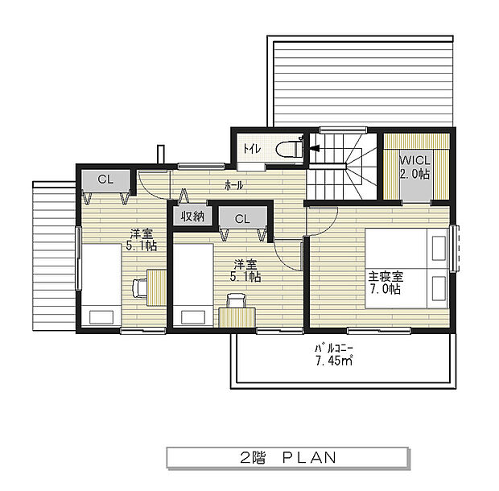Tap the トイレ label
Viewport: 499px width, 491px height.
(250, 149)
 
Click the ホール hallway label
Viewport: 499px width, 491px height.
(234, 185)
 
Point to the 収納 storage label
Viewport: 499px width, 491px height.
(192, 216)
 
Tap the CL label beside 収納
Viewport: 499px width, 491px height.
(242, 218)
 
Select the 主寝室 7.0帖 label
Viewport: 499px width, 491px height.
(386, 282)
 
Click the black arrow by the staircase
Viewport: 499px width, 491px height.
(315, 148)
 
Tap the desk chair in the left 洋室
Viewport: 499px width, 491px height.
(139, 285)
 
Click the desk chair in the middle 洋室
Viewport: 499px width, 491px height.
(236, 301)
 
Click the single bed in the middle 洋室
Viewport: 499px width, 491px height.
(193, 285)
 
